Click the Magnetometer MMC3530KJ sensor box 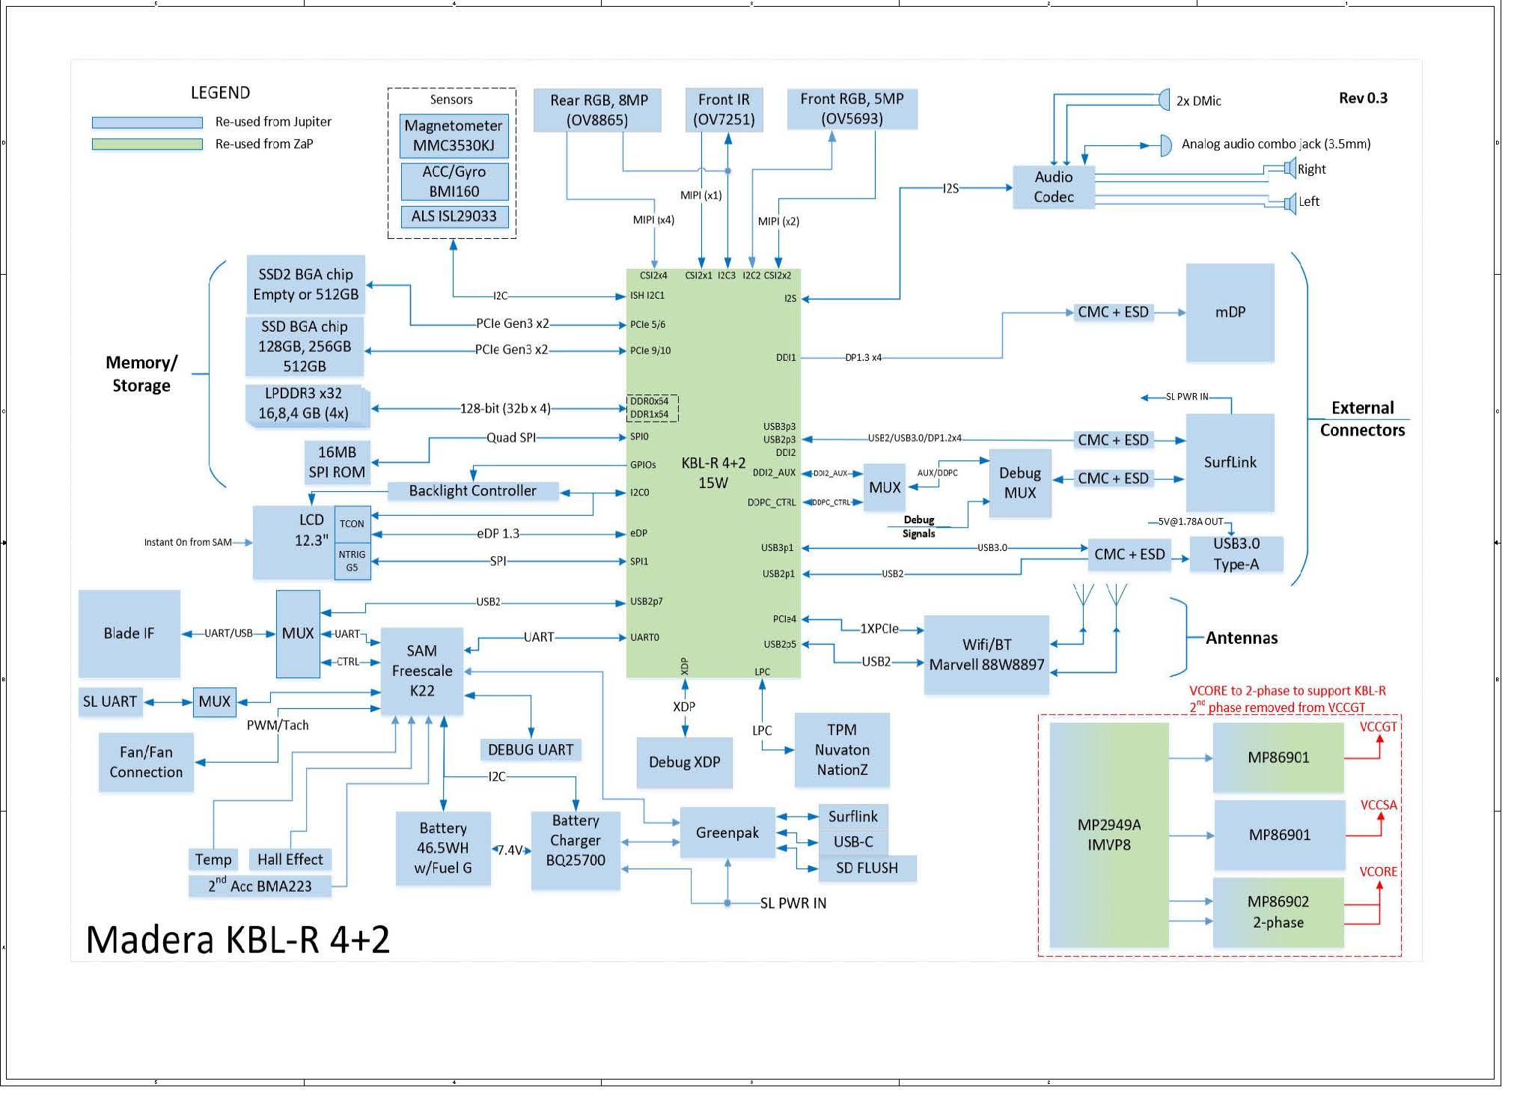[x=454, y=136]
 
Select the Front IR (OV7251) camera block [x=724, y=109]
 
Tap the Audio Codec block [x=1053, y=187]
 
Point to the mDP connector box [x=1230, y=312]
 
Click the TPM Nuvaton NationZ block [x=842, y=749]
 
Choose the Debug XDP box [x=684, y=762]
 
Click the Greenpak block [x=727, y=832]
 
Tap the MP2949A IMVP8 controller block [x=1108, y=835]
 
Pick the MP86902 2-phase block [x=1278, y=912]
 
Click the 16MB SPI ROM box [x=337, y=462]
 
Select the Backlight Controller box [x=472, y=491]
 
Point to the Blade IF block [x=129, y=633]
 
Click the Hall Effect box [x=290, y=859]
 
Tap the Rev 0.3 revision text [x=1363, y=98]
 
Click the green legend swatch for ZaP [x=147, y=144]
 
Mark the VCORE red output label [x=1378, y=871]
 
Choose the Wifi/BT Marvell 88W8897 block [x=986, y=655]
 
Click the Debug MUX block [x=1019, y=483]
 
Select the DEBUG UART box [x=530, y=749]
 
